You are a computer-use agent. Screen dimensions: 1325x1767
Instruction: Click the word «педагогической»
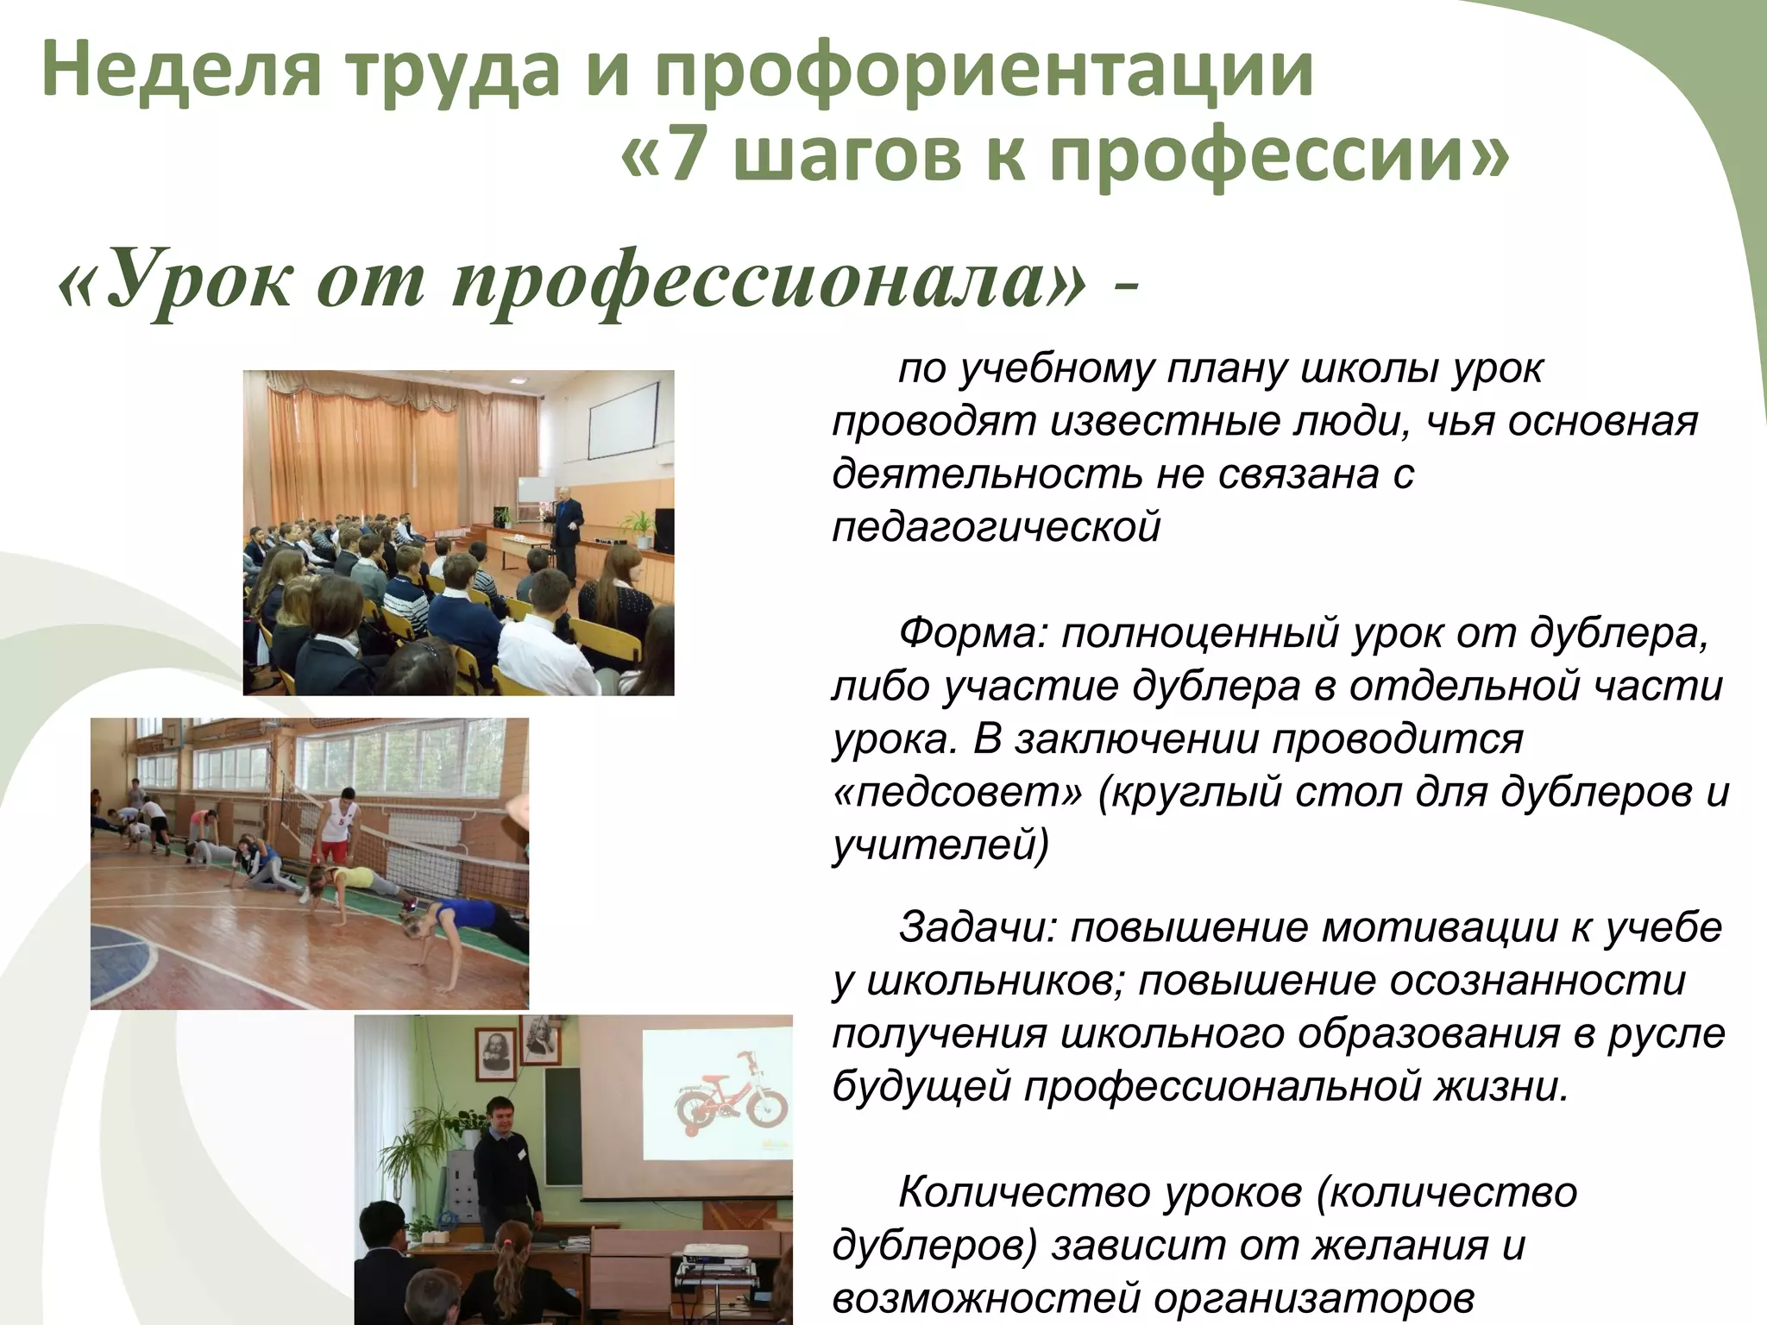point(997,527)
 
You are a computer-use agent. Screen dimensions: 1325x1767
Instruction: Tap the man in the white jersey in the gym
point(336,829)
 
